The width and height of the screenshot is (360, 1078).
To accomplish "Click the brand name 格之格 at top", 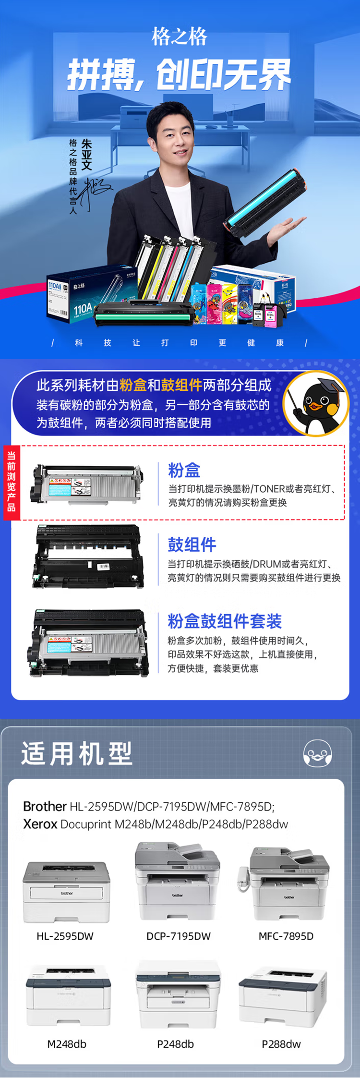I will point(180,37).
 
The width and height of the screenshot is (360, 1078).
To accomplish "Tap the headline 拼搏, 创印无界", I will point(179,75).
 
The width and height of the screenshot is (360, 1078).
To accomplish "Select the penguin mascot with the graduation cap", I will point(316,403).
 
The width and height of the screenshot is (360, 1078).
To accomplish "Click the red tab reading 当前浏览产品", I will point(11,482).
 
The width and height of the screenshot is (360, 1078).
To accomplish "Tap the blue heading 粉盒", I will point(184,470).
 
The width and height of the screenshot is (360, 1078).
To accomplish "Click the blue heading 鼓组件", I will point(192,545).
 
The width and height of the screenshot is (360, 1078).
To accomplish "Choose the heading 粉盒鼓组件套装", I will point(224,621).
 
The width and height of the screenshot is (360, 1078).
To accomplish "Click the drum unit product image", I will point(89,556).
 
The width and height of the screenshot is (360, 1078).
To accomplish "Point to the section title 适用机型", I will point(76,753).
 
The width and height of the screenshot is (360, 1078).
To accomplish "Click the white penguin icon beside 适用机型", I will point(317,753).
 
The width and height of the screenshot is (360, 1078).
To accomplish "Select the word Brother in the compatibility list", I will point(45,806).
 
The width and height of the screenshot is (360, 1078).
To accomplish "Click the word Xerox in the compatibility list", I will point(40,824).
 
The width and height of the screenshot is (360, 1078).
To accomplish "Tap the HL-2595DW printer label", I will point(65,936).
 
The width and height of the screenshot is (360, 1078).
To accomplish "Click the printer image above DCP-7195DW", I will point(178,883).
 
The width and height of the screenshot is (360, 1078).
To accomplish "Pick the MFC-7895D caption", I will point(286,936).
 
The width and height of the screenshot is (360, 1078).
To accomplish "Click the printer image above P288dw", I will point(283,997).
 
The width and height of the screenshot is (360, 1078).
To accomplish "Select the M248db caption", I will point(67,1044).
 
